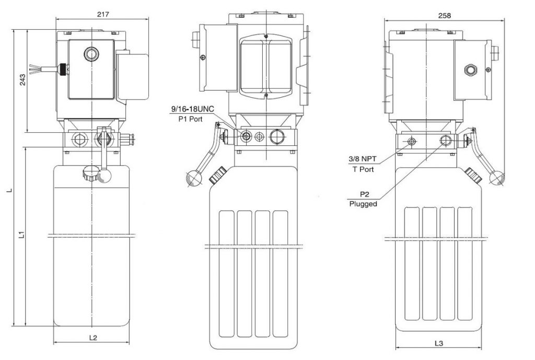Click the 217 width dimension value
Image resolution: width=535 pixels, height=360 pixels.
(102, 15)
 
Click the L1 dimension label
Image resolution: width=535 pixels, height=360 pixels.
(21, 235)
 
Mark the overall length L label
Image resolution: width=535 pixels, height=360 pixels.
(8, 191)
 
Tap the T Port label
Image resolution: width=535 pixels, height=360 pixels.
(363, 169)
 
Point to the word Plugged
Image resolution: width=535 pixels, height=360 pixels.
(363, 204)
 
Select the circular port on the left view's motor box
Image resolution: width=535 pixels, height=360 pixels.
(91, 54)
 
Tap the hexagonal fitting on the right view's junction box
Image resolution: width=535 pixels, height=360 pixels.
(471, 69)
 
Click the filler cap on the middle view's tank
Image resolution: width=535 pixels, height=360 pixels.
(216, 175)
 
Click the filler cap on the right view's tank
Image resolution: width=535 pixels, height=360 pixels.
(473, 175)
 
